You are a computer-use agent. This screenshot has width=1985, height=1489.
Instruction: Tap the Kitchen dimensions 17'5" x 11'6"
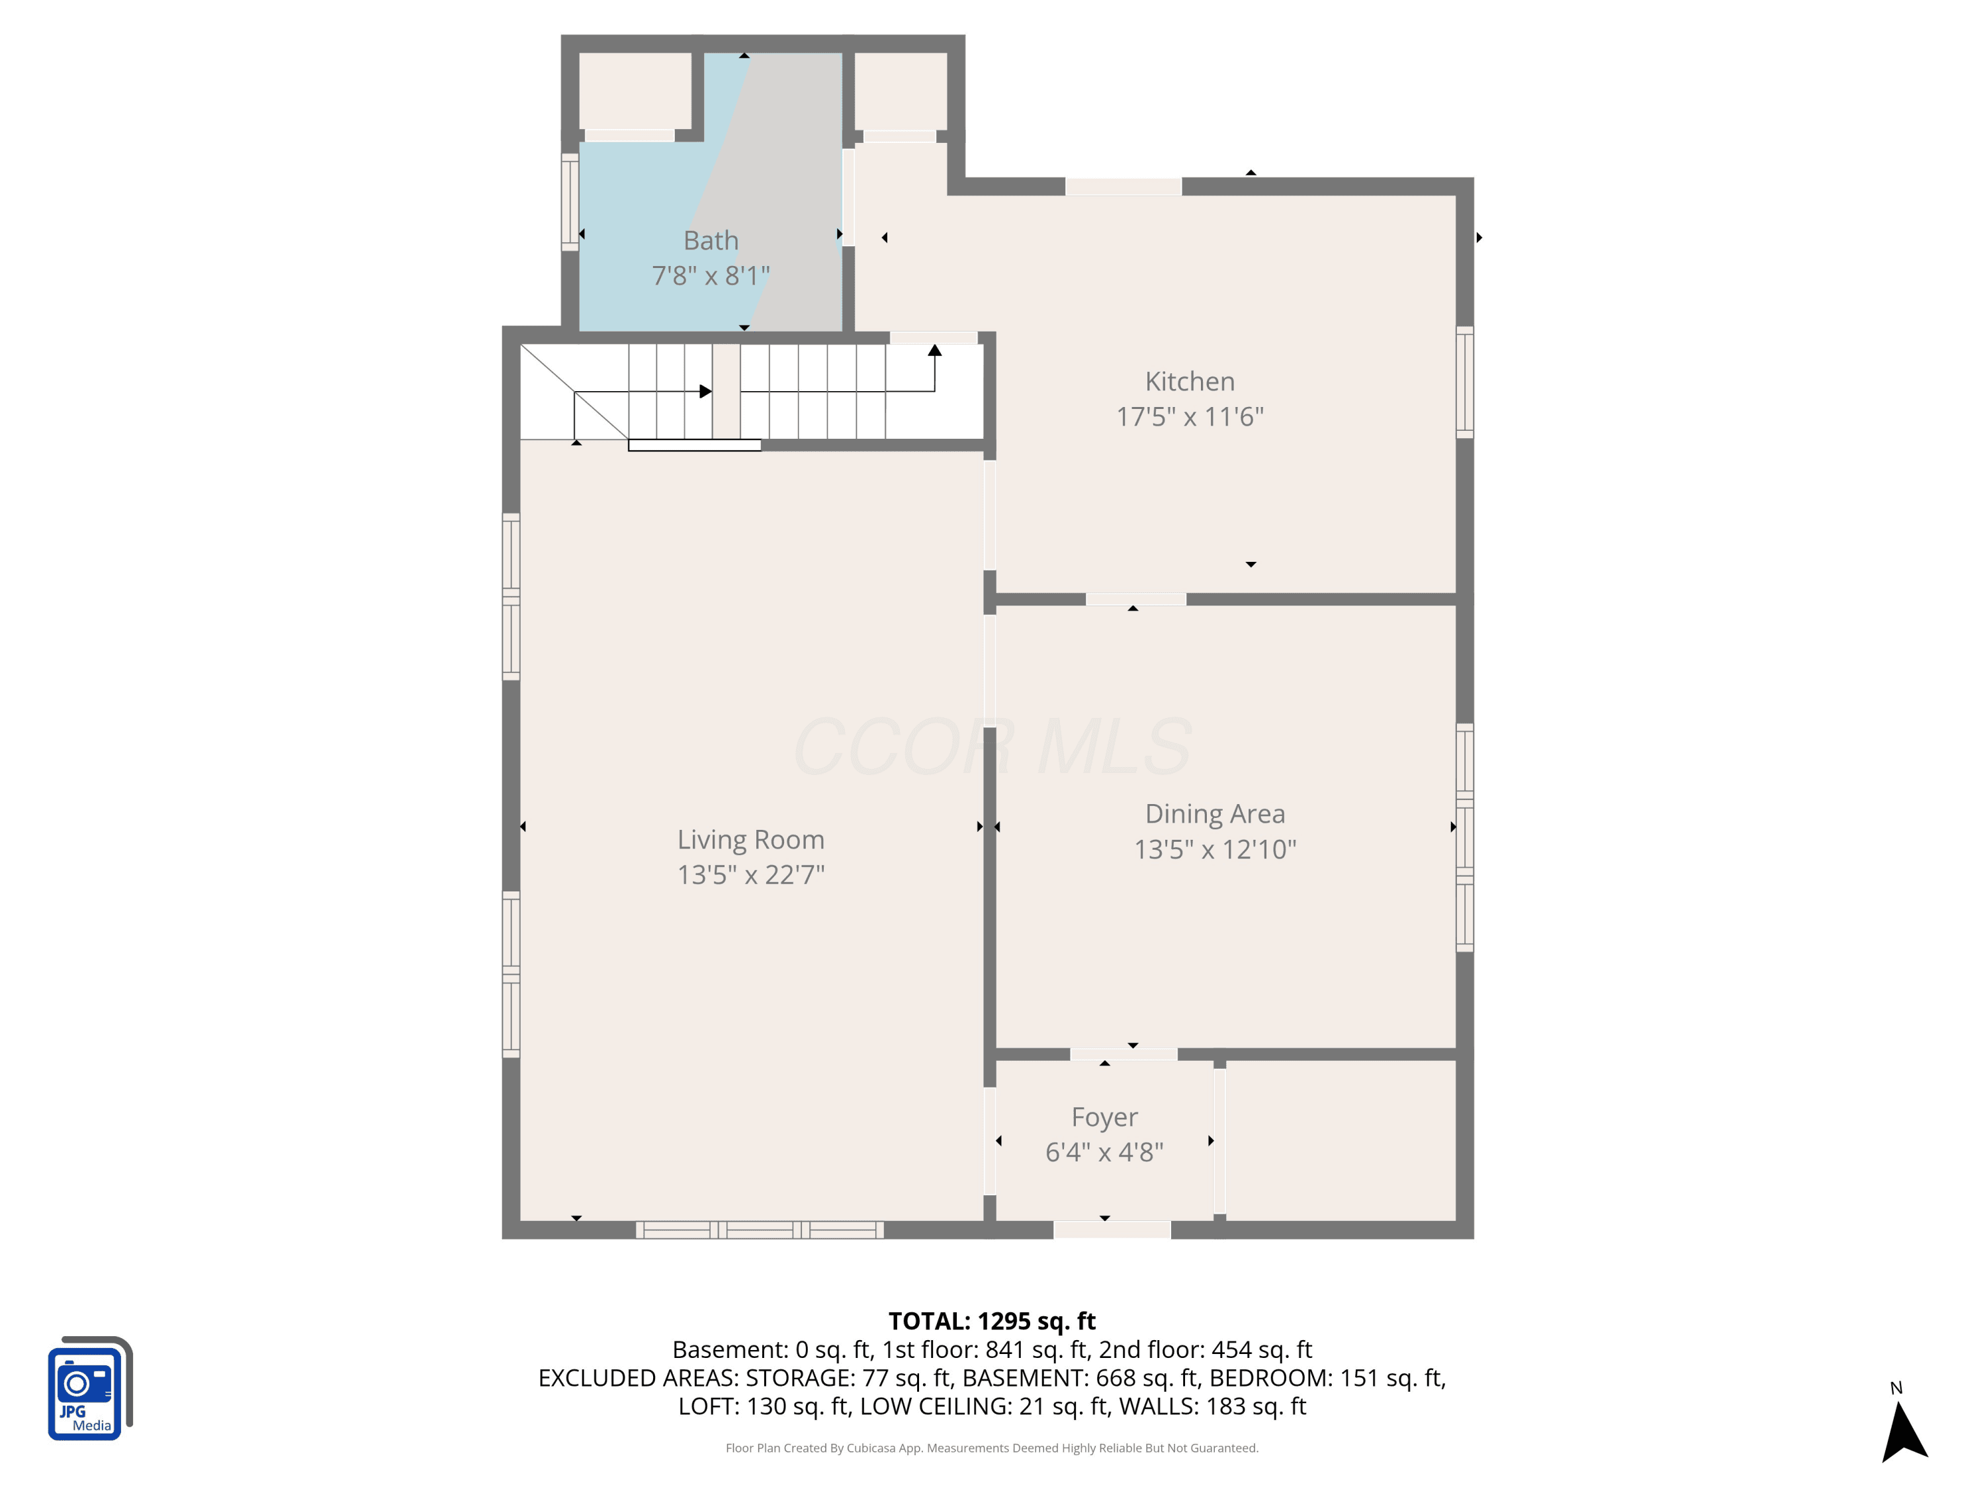click(x=1190, y=416)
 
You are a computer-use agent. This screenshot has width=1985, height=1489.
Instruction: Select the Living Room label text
click(x=750, y=840)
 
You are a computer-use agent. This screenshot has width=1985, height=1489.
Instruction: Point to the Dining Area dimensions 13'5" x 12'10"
click(x=1215, y=849)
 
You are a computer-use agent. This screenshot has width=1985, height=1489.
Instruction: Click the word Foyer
click(x=1105, y=1118)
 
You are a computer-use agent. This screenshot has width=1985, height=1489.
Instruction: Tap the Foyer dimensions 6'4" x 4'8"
click(x=1105, y=1151)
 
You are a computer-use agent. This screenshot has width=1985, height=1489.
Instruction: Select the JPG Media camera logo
click(x=90, y=1388)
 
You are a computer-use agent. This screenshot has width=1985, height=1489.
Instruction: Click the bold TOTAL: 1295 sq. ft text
click(x=992, y=1321)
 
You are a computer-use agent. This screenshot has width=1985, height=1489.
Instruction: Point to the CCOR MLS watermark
click(x=992, y=746)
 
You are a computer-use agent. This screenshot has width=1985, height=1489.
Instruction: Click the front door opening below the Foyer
click(x=1112, y=1230)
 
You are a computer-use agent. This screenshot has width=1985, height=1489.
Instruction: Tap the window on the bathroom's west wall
click(x=570, y=202)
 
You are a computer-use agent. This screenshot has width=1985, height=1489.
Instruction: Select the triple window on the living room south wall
click(x=759, y=1230)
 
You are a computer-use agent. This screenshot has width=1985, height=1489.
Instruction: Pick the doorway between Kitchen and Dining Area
click(x=1136, y=599)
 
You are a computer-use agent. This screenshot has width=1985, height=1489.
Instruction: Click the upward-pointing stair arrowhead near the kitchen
click(x=934, y=350)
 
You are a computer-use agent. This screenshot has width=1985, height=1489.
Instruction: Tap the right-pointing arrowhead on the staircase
click(x=705, y=391)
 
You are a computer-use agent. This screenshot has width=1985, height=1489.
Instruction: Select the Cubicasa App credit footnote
click(x=992, y=1448)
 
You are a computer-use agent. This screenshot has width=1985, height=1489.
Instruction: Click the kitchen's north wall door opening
click(x=1124, y=187)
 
